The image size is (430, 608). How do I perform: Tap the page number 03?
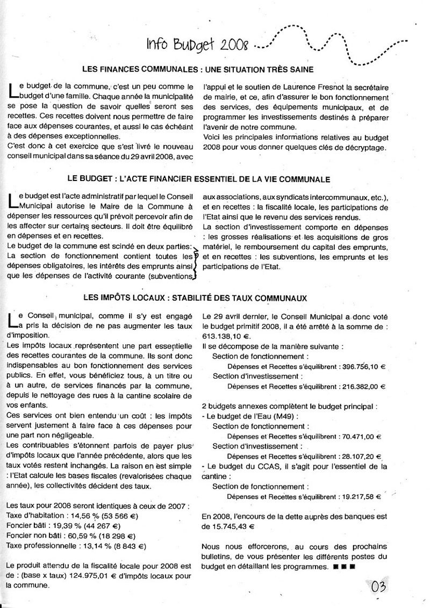pos(379,586)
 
